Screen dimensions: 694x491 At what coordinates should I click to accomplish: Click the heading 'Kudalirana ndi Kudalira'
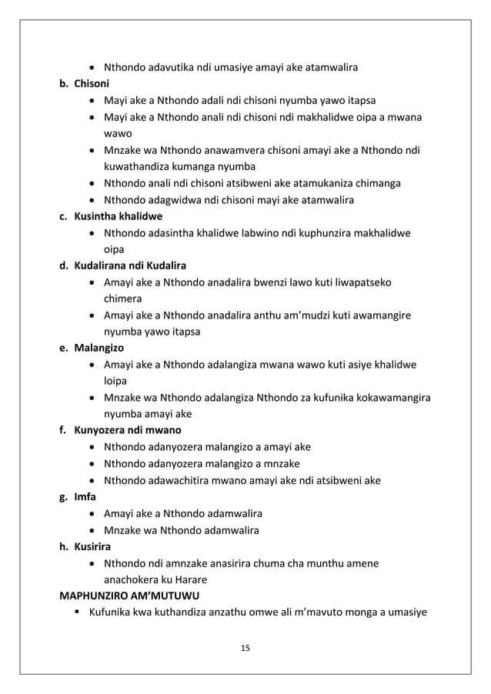(130, 266)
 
